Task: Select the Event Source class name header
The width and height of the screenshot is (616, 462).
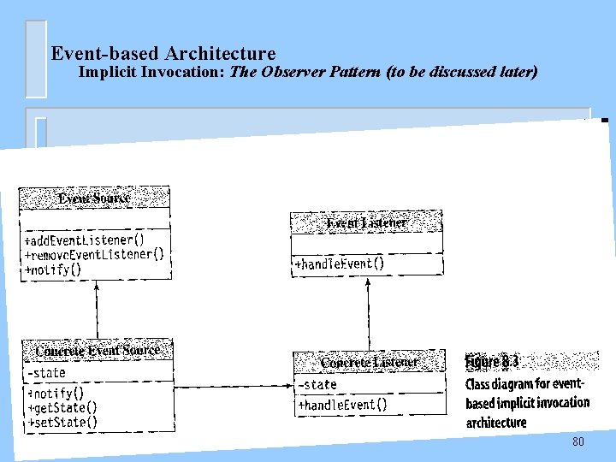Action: point(94,198)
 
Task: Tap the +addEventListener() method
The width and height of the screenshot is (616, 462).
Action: point(85,240)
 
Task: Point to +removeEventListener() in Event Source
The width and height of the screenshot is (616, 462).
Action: point(94,255)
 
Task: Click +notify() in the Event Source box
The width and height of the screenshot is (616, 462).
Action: point(53,269)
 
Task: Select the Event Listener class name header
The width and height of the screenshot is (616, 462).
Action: point(367,223)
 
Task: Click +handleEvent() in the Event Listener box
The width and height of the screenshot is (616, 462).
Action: point(340,264)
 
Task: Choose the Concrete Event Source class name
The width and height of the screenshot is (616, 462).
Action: point(98,351)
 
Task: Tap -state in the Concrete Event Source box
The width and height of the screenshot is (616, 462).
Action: point(46,373)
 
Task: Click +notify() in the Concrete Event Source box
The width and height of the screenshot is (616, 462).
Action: point(56,394)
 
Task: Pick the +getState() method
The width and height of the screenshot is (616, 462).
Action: point(62,408)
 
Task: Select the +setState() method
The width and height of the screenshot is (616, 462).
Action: point(62,422)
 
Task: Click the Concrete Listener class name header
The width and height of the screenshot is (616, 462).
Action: point(370,363)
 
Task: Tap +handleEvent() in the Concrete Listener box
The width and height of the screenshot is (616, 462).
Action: point(342,405)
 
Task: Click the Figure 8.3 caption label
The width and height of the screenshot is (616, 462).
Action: point(492,362)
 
